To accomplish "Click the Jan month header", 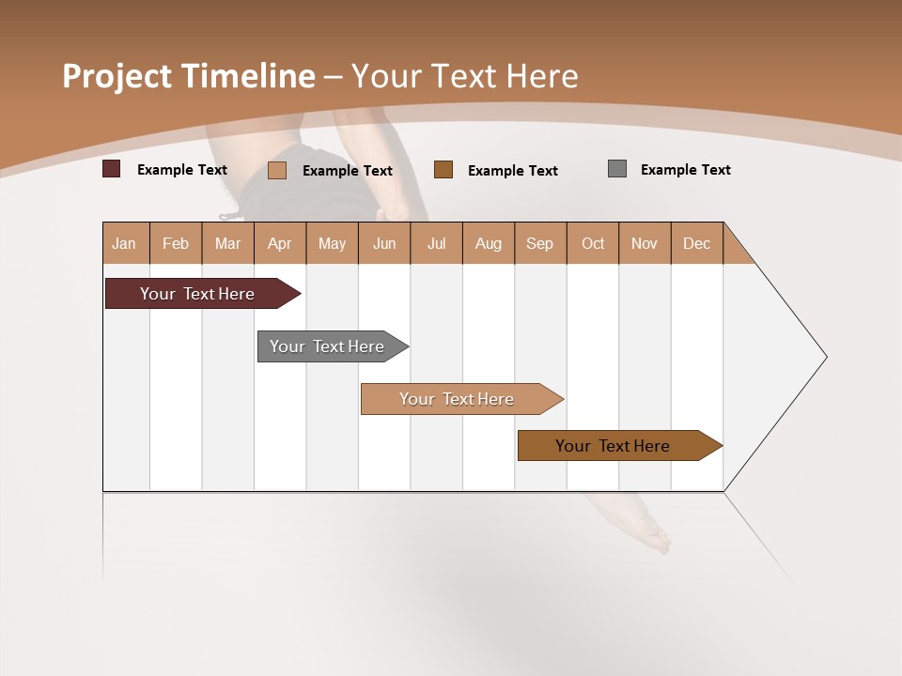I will [x=124, y=243].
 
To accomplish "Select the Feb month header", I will [x=176, y=243].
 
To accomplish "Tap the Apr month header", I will [x=279, y=243].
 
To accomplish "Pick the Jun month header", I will [x=384, y=243].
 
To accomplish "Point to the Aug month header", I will [x=488, y=243].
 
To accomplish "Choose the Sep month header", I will [x=539, y=243].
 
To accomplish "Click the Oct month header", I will [x=593, y=243].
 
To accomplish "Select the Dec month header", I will [x=696, y=243].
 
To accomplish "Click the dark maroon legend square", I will [x=112, y=169].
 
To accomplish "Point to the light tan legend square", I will [x=276, y=170].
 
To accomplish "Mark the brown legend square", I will [x=443, y=170].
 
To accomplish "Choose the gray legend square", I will [x=617, y=169].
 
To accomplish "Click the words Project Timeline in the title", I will [x=189, y=76].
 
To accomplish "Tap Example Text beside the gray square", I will [x=685, y=170].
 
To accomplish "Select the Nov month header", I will [x=645, y=243].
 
